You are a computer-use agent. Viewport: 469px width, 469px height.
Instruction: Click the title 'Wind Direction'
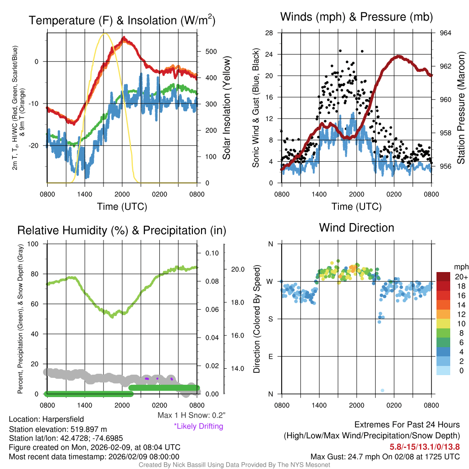coord(356,228)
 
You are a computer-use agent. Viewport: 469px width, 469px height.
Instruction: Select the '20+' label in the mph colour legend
coord(460,277)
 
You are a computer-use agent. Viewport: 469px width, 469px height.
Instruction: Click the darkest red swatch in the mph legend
coord(443,277)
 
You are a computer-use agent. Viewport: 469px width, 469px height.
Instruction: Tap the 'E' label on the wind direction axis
coord(270,356)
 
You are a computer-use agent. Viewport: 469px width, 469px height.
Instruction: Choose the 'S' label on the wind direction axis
coord(270,319)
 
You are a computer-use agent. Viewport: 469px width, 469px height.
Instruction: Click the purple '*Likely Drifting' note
coord(198,426)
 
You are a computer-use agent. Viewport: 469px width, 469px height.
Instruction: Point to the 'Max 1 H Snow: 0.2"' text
coord(191,415)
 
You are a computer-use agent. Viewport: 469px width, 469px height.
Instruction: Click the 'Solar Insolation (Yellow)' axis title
coord(226,108)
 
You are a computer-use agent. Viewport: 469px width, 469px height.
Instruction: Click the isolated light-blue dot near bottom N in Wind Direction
coord(382,390)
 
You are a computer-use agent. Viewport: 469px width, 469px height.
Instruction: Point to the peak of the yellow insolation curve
coord(105,33)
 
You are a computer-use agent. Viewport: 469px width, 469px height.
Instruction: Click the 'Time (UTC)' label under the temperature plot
coord(122,207)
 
